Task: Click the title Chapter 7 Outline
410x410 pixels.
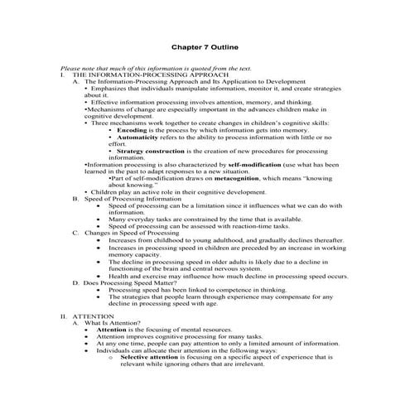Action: (x=205, y=49)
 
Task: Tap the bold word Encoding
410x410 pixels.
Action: (x=132, y=131)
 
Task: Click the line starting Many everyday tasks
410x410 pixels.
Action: (x=215, y=219)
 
